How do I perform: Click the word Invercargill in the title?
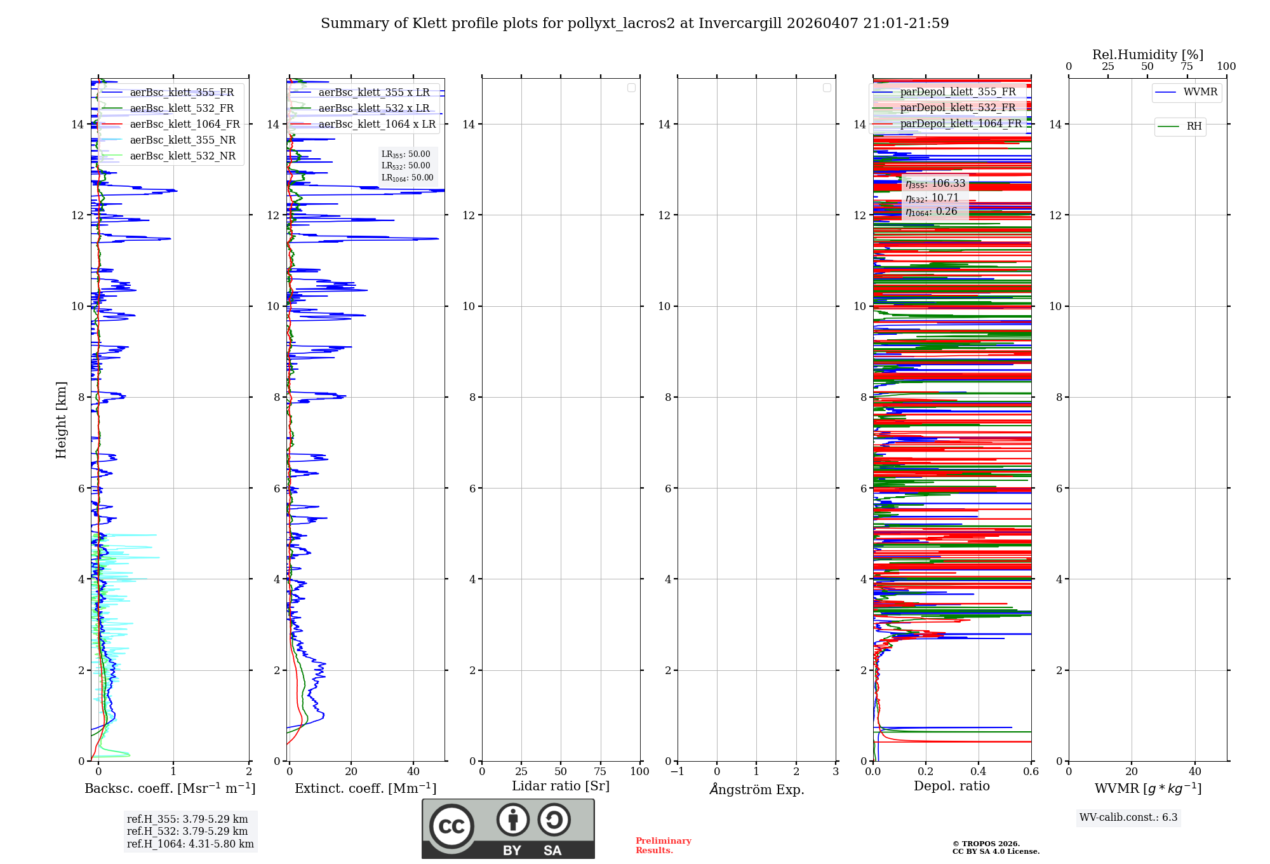pyautogui.click(x=739, y=24)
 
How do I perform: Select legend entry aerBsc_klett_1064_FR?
pyautogui.click(x=184, y=125)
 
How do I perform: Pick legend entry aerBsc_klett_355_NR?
pyautogui.click(x=182, y=140)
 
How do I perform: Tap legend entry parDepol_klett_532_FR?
pyautogui.click(x=958, y=108)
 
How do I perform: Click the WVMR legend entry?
pyautogui.click(x=1200, y=92)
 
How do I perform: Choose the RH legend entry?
pyautogui.click(x=1194, y=126)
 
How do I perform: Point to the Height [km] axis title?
pyautogui.click(x=61, y=420)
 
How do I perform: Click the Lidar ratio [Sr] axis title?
pyautogui.click(x=561, y=786)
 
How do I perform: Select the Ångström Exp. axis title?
pyautogui.click(x=757, y=789)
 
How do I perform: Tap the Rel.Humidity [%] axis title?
pyautogui.click(x=1147, y=55)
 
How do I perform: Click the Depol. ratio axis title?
pyautogui.click(x=951, y=786)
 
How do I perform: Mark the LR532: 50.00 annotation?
pyautogui.click(x=406, y=166)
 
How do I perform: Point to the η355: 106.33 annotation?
pyautogui.click(x=935, y=184)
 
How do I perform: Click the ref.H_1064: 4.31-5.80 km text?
pyautogui.click(x=190, y=844)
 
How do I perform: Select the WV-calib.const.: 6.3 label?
pyautogui.click(x=1128, y=818)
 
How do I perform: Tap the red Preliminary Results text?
pyautogui.click(x=663, y=846)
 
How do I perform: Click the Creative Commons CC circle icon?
pyautogui.click(x=451, y=827)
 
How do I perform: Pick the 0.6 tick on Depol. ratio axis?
pyautogui.click(x=1031, y=772)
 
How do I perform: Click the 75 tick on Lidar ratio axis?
pyautogui.click(x=600, y=772)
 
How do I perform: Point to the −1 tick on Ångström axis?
pyautogui.click(x=678, y=772)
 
